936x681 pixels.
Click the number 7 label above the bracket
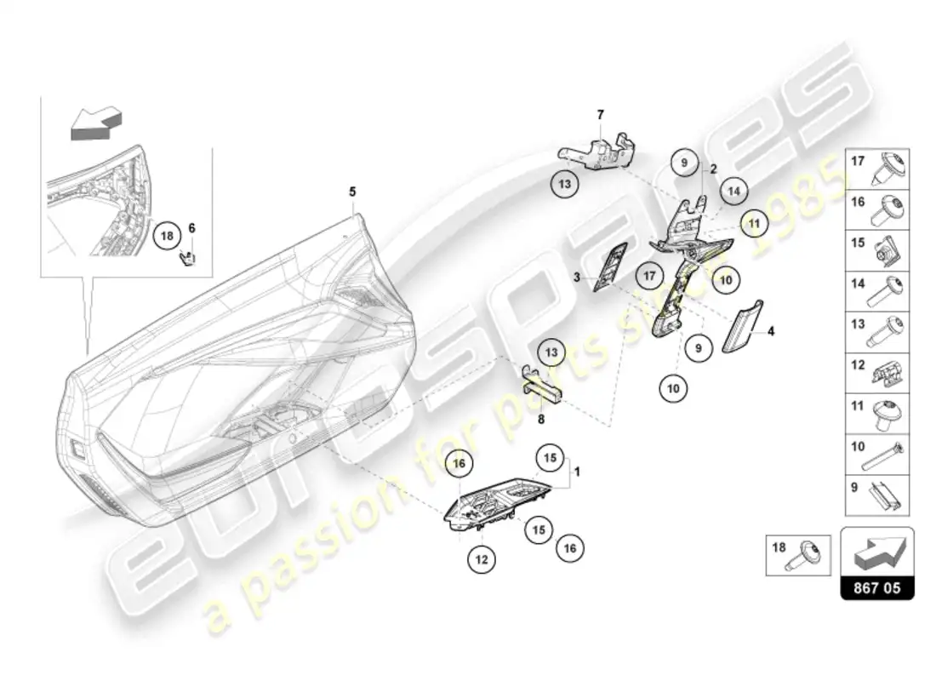600,114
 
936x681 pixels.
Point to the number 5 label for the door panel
352,192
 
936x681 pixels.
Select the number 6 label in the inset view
191,227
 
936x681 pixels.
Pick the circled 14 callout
733,192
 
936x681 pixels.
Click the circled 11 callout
752,223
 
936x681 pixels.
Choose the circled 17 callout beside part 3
649,276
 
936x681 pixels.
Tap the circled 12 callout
481,559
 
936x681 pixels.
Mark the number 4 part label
772,331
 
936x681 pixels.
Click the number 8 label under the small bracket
539,419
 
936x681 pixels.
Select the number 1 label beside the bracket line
578,471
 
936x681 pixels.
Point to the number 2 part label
714,168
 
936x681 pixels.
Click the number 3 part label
575,278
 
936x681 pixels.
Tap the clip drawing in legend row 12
887,370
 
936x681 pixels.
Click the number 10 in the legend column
858,444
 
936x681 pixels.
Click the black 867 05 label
877,587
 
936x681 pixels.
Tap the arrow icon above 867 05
877,552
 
